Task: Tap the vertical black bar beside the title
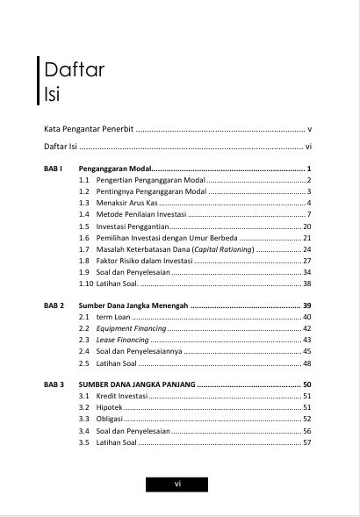pos(38,81)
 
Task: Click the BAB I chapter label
pos(53,167)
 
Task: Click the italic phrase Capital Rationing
pos(225,249)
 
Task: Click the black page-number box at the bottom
pos(178,484)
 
